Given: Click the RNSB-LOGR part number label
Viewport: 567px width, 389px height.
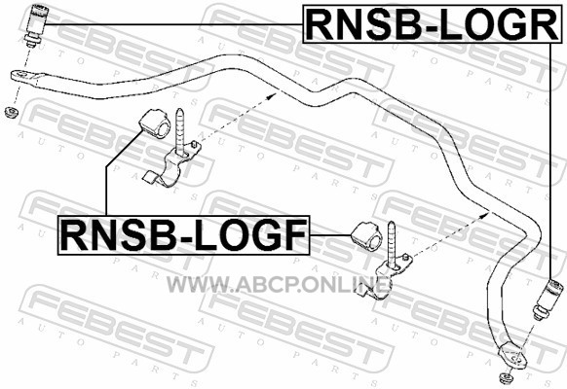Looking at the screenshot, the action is click(x=433, y=24).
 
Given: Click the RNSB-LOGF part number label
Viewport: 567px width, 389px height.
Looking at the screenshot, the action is click(x=184, y=235).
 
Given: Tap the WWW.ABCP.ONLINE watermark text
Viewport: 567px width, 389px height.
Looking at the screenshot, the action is click(x=279, y=285).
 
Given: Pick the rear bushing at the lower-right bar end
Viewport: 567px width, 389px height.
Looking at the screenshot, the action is click(x=548, y=300).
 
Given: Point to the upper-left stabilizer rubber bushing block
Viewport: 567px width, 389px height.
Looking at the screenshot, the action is click(x=154, y=124).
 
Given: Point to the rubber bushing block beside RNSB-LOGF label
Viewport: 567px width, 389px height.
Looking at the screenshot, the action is click(x=366, y=236).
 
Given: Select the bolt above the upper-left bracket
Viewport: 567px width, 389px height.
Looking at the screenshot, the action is click(x=180, y=131).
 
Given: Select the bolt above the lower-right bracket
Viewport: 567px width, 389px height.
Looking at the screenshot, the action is click(x=392, y=244).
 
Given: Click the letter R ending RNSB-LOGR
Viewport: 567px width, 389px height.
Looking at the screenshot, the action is click(x=545, y=24).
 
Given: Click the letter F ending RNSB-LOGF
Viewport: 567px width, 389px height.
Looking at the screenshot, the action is click(x=295, y=235).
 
